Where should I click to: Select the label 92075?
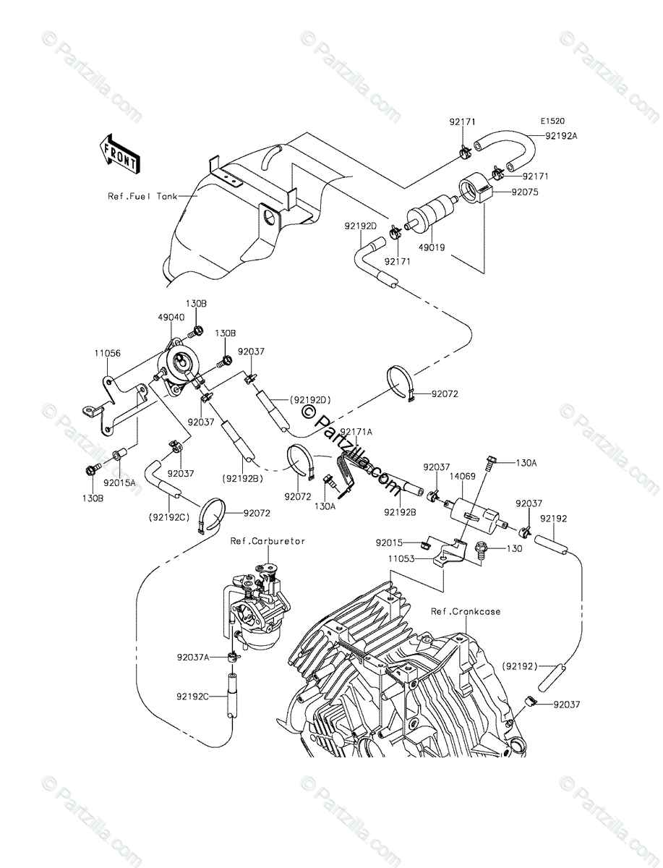point(526,192)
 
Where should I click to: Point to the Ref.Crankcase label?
point(465,611)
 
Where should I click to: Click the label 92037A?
point(193,658)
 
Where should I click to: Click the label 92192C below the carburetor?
point(192,696)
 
